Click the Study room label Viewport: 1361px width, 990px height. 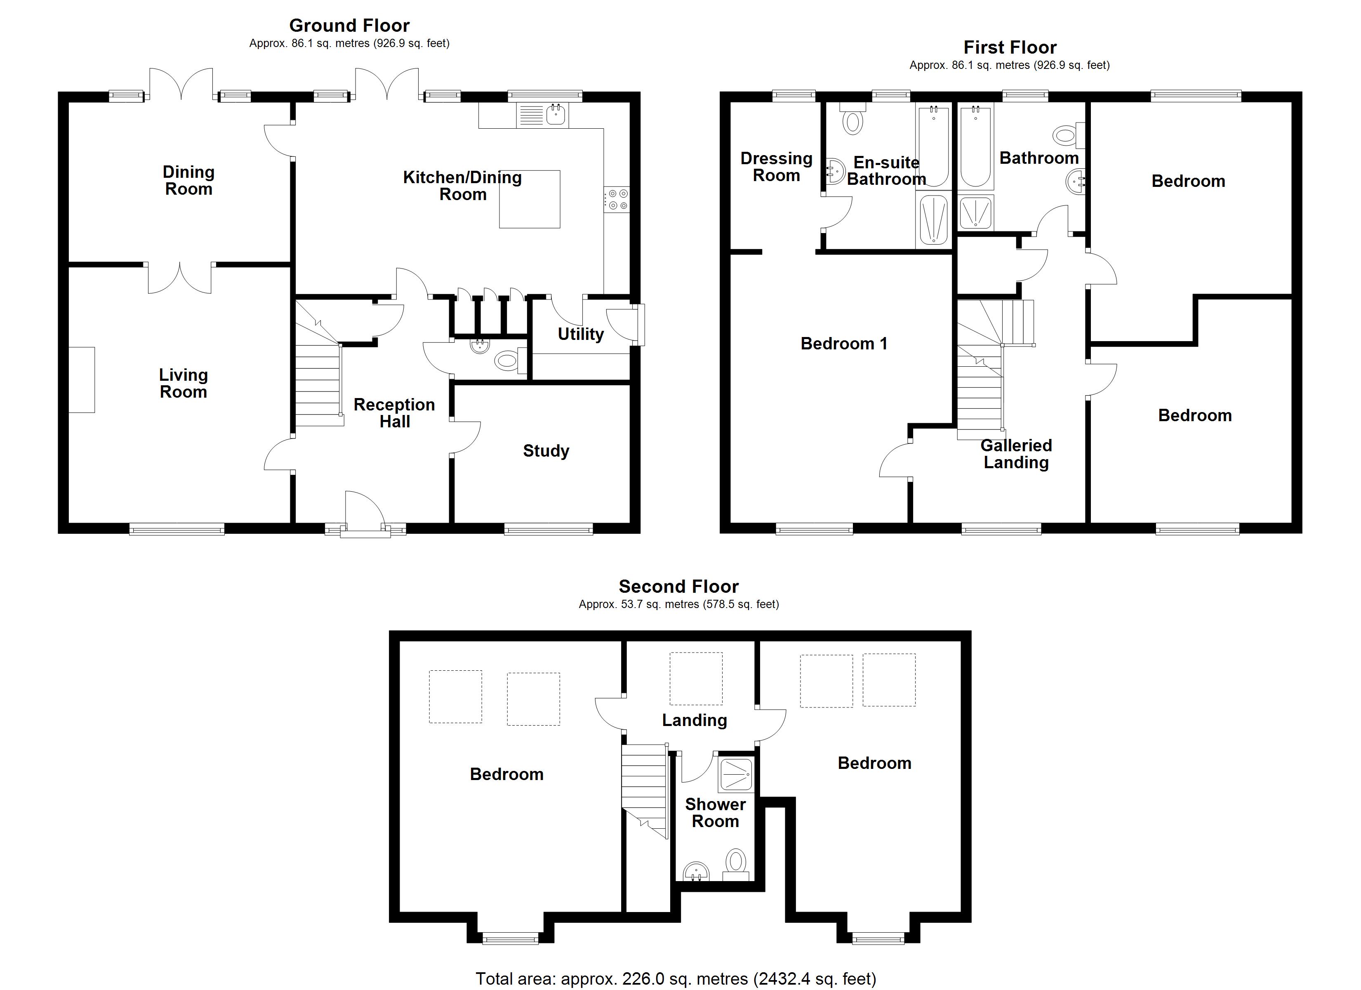point(546,451)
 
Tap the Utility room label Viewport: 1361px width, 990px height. point(580,334)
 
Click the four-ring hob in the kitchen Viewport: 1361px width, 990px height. point(617,199)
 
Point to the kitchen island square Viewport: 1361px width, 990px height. point(529,199)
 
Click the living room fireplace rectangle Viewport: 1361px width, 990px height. point(82,379)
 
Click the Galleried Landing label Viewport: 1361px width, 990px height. point(1016,454)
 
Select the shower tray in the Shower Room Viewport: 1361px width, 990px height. point(736,775)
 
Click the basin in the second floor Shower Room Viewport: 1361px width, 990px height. point(696,871)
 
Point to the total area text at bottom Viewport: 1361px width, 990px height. point(676,978)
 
